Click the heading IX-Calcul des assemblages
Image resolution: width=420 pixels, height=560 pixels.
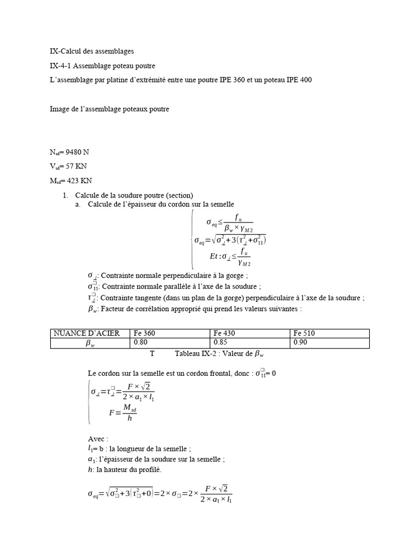click(91, 51)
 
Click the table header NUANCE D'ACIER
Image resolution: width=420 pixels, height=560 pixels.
click(83, 334)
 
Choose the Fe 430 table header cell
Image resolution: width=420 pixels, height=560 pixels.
click(225, 334)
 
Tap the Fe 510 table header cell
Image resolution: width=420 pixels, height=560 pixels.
click(305, 334)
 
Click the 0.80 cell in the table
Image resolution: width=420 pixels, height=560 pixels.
click(140, 343)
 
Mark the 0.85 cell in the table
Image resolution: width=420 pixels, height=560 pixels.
click(220, 343)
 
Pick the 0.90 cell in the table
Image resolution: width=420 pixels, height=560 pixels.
click(300, 343)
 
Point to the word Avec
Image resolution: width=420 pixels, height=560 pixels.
click(98, 439)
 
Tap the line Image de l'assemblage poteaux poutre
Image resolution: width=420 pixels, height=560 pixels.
click(109, 109)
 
